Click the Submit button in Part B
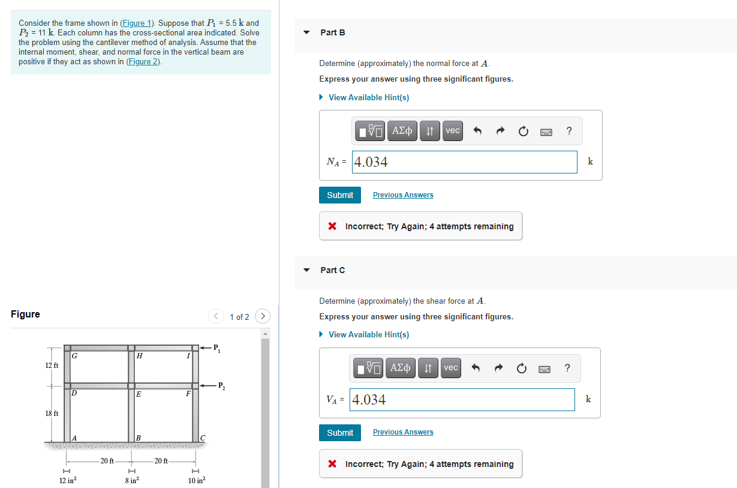click(x=340, y=195)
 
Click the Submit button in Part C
click(x=340, y=433)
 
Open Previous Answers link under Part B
click(x=402, y=195)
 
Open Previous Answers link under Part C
click(x=402, y=432)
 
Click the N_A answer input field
click(x=464, y=162)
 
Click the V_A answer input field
click(x=462, y=400)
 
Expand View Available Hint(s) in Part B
click(x=368, y=97)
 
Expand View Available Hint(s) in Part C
click(x=368, y=334)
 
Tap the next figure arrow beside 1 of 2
click(x=262, y=316)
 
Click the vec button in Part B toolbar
click(x=453, y=131)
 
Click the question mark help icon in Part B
click(x=569, y=131)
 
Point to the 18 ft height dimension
click(x=52, y=414)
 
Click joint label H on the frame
click(x=139, y=356)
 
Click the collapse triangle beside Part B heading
click(x=307, y=32)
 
